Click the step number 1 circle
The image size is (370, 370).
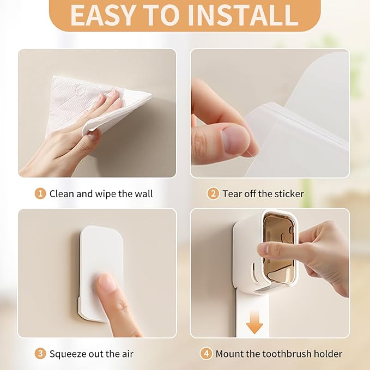click(40, 194)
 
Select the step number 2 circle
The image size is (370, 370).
click(213, 194)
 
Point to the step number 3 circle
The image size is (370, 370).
click(40, 354)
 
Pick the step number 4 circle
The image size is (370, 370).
click(206, 354)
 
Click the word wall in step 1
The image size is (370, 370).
click(144, 194)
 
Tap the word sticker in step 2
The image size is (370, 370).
click(289, 194)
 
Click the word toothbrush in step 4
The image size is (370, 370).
click(287, 354)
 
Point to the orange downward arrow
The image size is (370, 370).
click(254, 322)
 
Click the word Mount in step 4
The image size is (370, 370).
click(229, 354)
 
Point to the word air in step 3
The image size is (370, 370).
click(128, 354)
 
